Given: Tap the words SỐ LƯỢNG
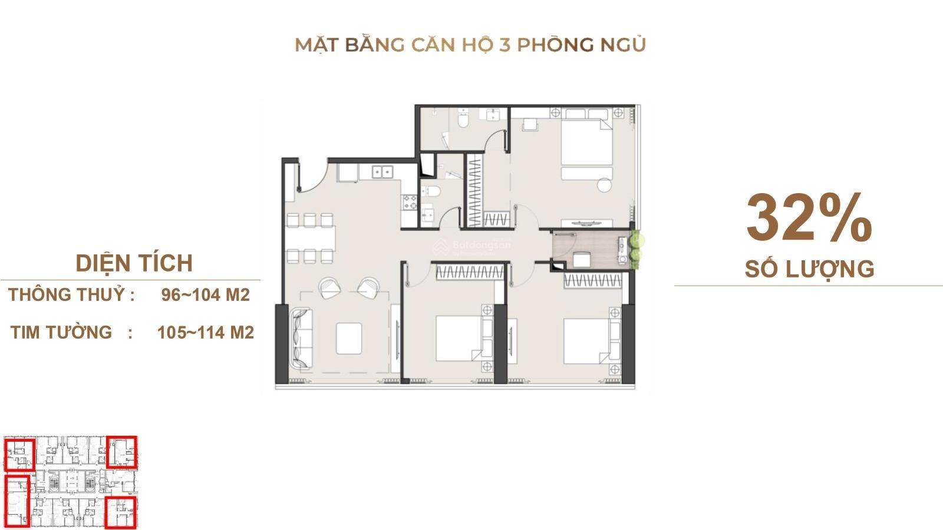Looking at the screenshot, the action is coord(809,269).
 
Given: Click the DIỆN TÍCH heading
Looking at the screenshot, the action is coord(134,264).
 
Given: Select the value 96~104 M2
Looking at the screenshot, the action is coord(206,295).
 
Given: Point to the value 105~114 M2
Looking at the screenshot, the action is coord(206,332).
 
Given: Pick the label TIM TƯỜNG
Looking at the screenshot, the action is coord(61,332).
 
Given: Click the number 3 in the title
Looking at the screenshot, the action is coord(504,45).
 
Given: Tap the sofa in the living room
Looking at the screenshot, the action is coord(301,339).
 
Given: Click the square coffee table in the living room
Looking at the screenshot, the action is coord(348,339).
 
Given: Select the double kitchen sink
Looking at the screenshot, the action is coord(383,171).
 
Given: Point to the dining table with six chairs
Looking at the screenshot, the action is coord(311,238).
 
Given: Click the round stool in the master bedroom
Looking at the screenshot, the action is coord(605,185).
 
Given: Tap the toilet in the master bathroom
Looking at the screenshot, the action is coord(463,119).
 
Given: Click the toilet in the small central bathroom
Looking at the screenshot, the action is coord(430,192).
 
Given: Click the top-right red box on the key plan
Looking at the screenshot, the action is coord(121,452).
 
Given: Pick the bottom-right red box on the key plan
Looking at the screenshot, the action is coord(120,513).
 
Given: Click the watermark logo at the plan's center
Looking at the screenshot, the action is coord(440,247).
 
